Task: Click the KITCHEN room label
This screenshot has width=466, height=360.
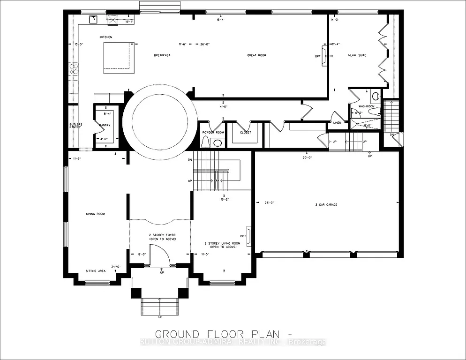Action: click(106, 37)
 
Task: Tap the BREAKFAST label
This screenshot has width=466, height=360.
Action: click(162, 55)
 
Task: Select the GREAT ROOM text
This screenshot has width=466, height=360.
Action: click(256, 55)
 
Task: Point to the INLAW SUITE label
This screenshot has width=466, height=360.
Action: click(357, 55)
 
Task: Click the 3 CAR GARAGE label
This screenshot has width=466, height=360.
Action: click(326, 205)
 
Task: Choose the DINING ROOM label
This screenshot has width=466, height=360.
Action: click(95, 214)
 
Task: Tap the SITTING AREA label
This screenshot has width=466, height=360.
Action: click(95, 271)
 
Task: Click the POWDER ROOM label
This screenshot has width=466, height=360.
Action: click(213, 132)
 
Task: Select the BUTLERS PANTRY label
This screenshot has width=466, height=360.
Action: click(75, 126)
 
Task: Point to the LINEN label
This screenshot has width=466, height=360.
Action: click(338, 123)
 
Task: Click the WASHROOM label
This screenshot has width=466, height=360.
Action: click(367, 106)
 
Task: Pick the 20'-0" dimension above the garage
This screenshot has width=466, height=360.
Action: click(307, 158)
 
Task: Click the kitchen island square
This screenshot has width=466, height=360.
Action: click(117, 56)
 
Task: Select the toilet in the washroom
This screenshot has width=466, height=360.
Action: click(376, 97)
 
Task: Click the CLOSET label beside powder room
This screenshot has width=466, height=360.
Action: click(245, 132)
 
